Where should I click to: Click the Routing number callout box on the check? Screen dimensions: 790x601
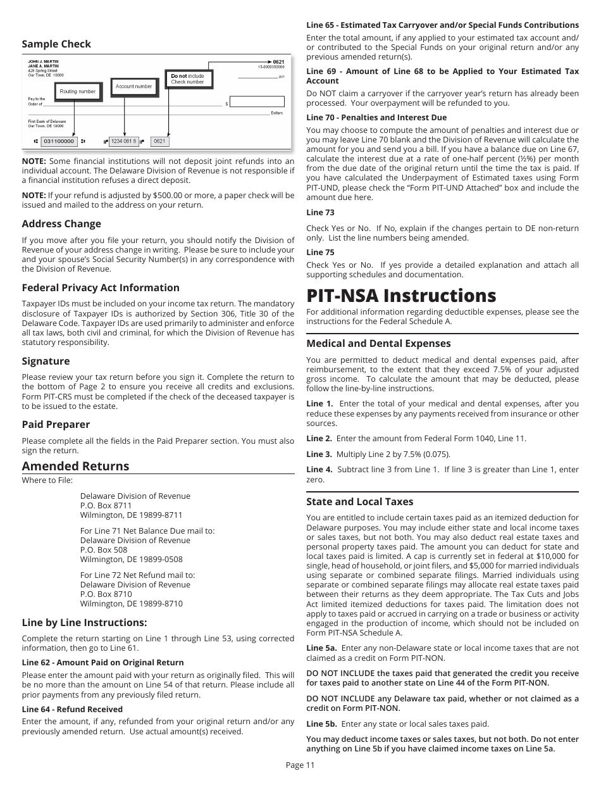[77, 91]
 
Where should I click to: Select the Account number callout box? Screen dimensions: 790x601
[133, 86]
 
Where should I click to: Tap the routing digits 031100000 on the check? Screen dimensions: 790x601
[59, 141]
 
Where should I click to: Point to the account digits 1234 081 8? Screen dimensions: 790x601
[123, 141]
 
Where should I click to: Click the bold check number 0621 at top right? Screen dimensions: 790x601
[278, 62]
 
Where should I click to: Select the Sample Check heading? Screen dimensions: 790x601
[56, 44]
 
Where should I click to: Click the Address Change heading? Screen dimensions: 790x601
[61, 223]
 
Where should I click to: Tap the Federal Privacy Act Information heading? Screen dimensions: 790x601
[101, 287]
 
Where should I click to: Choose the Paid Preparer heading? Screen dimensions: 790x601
[56, 424]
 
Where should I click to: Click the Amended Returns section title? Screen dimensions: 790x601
[75, 466]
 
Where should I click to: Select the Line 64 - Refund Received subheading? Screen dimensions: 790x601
[72, 709]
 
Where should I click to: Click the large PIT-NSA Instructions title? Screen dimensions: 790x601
[401, 296]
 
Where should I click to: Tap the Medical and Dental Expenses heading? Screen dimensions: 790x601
[378, 343]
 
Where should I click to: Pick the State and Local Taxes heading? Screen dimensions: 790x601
[359, 501]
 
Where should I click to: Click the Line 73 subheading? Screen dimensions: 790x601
[320, 212]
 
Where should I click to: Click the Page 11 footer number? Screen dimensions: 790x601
[300, 765]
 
